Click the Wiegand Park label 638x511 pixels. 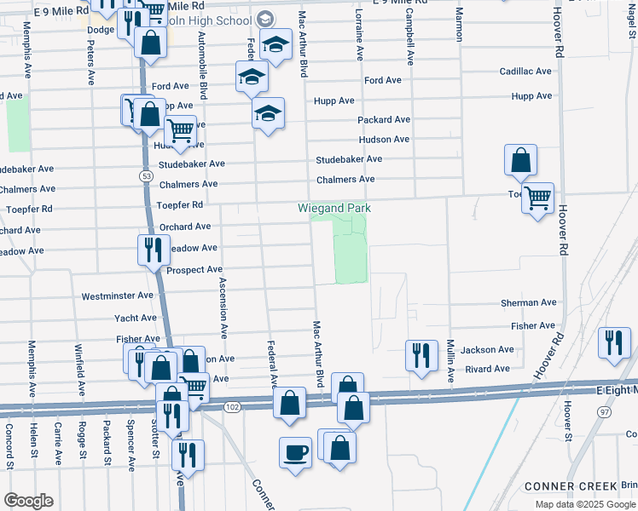(334, 208)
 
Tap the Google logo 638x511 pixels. (28, 501)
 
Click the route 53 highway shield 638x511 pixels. (147, 175)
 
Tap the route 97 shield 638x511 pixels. (604, 411)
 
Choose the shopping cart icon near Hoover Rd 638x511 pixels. (537, 198)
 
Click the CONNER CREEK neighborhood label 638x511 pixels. (570, 485)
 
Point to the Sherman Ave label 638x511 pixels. (528, 302)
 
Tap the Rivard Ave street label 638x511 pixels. (487, 369)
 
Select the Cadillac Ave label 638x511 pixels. (528, 72)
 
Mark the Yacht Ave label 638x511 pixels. (136, 318)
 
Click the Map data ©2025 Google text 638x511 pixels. (585, 504)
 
